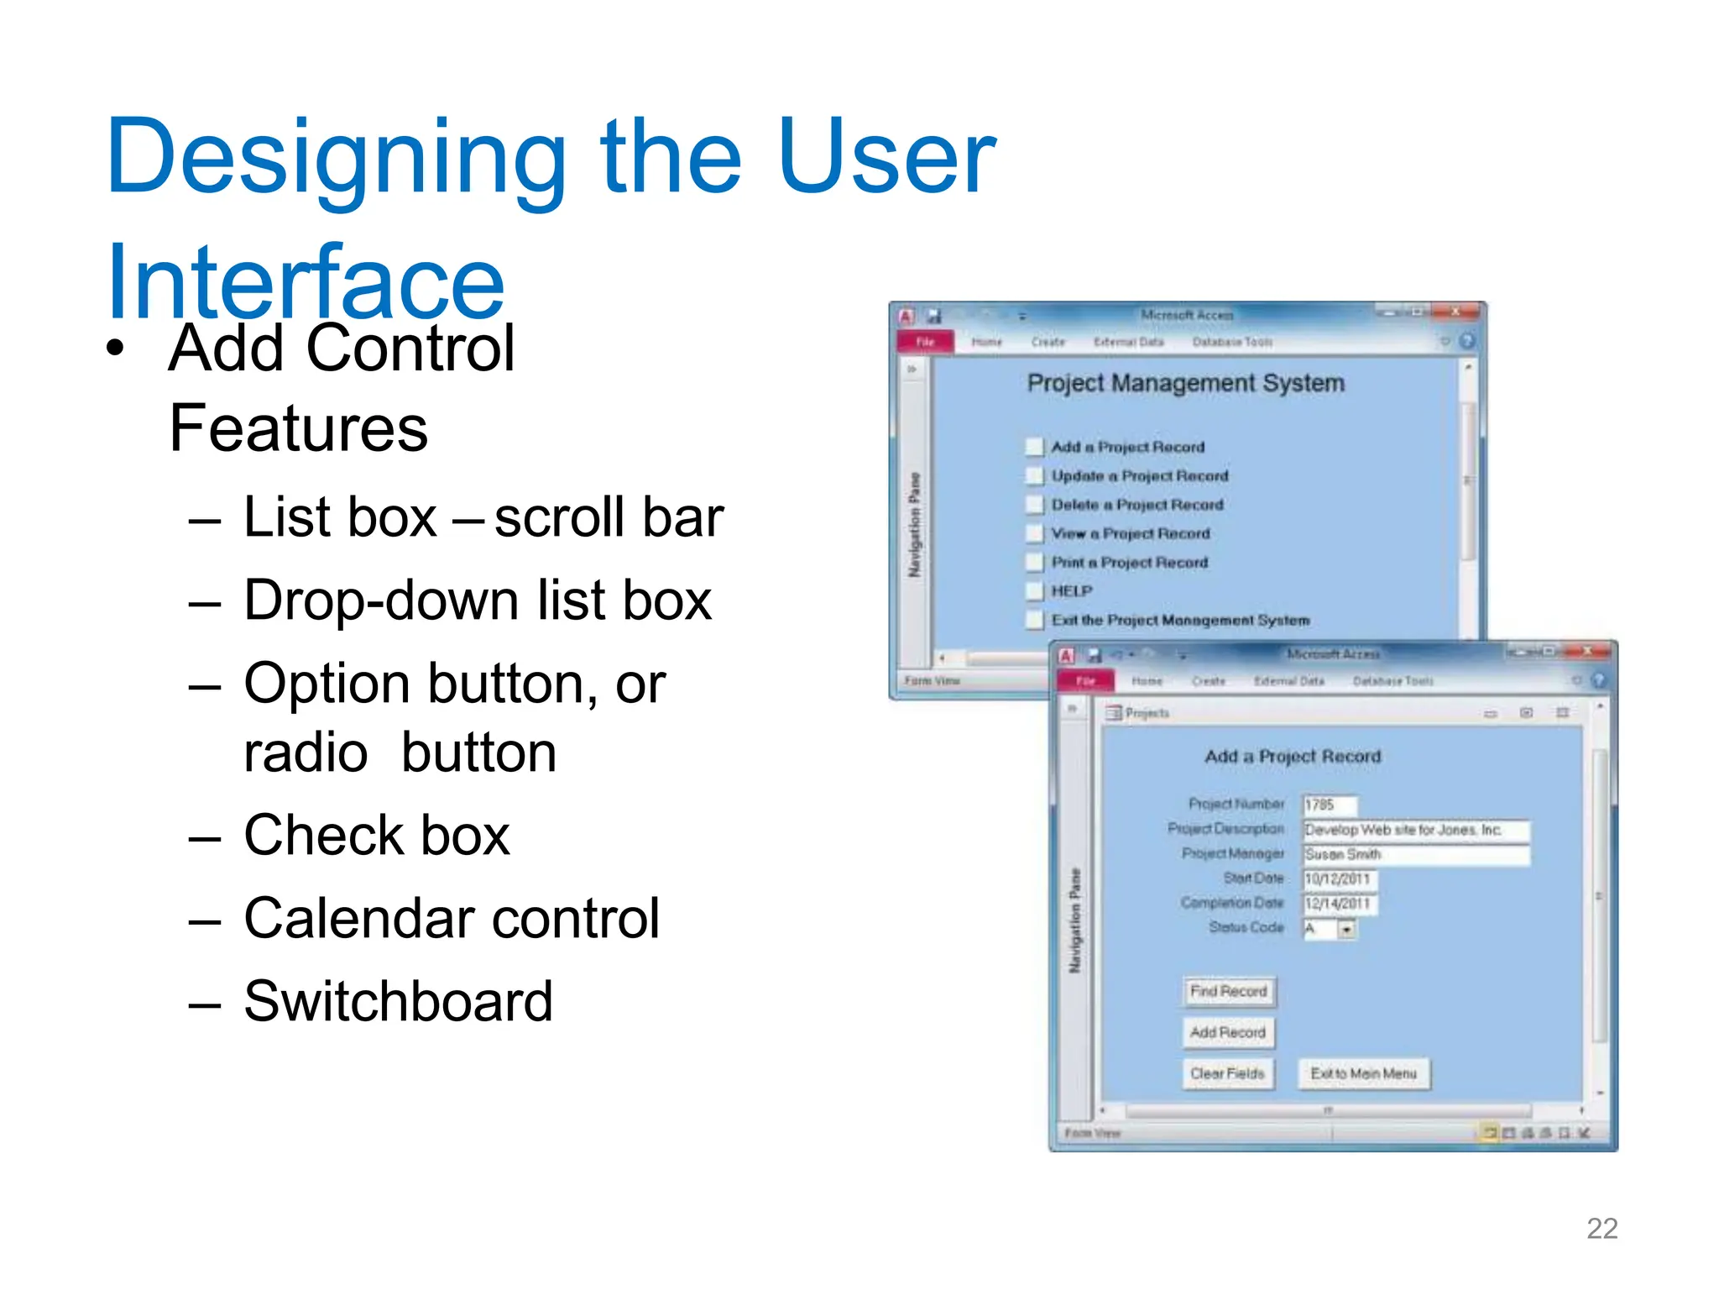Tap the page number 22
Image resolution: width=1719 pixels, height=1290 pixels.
pyautogui.click(x=1601, y=1229)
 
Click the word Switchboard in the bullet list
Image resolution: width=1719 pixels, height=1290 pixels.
pyautogui.click(x=398, y=1002)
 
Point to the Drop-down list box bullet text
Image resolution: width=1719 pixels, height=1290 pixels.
pyautogui.click(x=477, y=600)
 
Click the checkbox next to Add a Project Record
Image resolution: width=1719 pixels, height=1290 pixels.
pyautogui.click(x=1034, y=447)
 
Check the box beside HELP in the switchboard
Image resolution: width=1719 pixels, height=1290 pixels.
pyautogui.click(x=1034, y=591)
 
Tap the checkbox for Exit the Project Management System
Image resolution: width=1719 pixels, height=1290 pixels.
pyautogui.click(x=1034, y=621)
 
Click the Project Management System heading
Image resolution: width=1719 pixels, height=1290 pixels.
pyautogui.click(x=1185, y=384)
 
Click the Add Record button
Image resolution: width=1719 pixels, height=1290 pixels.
pyautogui.click(x=1227, y=1032)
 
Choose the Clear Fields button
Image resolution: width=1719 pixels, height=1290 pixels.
pyautogui.click(x=1227, y=1073)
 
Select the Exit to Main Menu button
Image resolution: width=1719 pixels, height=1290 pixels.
pyautogui.click(x=1363, y=1073)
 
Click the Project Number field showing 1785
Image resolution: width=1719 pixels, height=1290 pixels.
pyautogui.click(x=1329, y=805)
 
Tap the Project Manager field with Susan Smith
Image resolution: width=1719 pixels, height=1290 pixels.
pyautogui.click(x=1415, y=854)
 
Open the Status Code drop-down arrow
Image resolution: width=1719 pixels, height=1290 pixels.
pyautogui.click(x=1346, y=929)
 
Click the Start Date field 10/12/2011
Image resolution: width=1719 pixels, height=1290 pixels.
pyautogui.click(x=1339, y=878)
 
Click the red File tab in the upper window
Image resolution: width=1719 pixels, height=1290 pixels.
pyautogui.click(x=925, y=342)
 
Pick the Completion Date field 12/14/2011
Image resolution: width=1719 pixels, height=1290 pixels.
pyautogui.click(x=1339, y=904)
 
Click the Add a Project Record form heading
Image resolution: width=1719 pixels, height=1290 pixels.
pyautogui.click(x=1292, y=757)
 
